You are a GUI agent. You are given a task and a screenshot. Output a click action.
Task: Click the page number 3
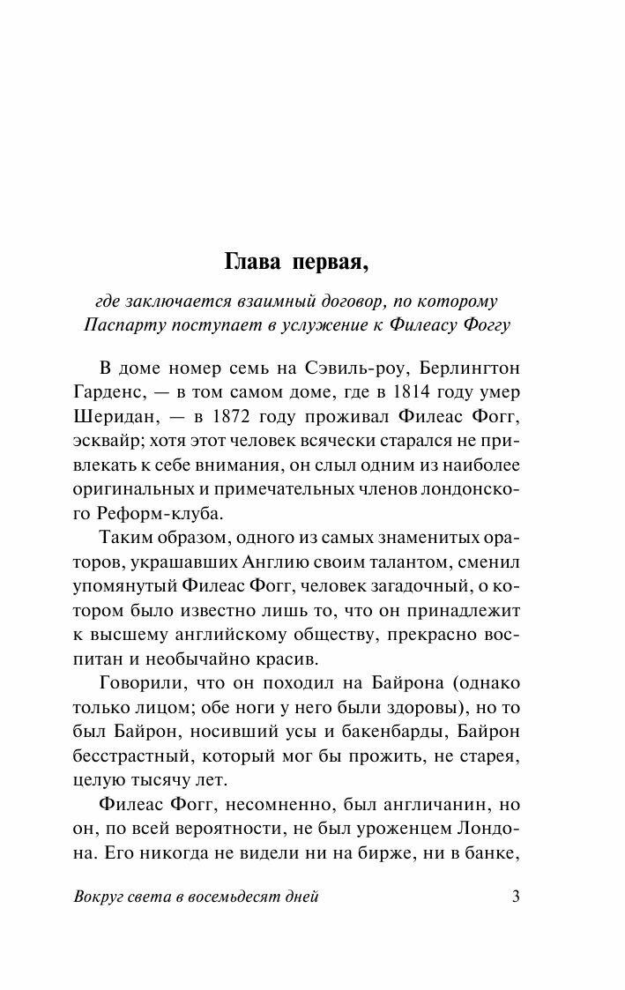tap(516, 897)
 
